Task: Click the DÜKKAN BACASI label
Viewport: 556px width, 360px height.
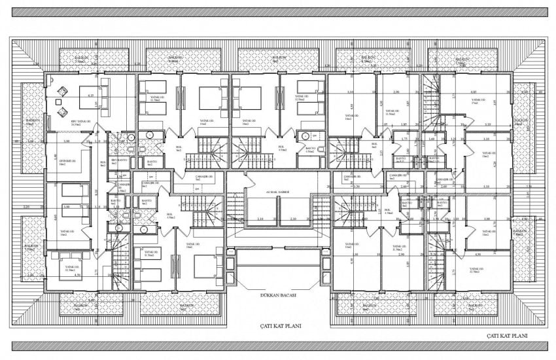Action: [279, 296]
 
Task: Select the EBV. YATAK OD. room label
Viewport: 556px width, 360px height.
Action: [80, 122]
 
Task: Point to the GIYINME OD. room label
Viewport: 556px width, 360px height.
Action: [68, 162]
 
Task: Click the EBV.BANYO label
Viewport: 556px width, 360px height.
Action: [118, 160]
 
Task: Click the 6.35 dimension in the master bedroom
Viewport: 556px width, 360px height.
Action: [92, 95]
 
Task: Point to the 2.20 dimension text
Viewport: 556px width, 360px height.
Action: [26, 207]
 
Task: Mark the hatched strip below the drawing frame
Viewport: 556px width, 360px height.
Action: [278, 346]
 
